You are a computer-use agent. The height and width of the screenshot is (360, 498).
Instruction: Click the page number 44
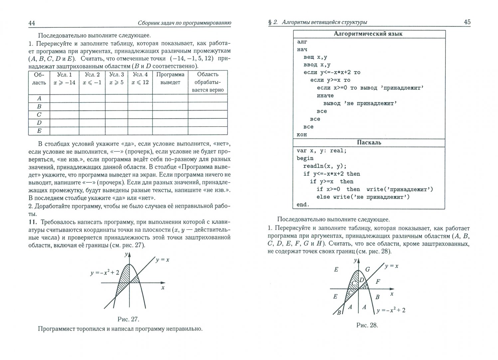(32, 23)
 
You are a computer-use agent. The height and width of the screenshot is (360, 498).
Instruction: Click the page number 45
(467, 22)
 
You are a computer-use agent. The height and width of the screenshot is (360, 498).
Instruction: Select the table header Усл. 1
(64, 75)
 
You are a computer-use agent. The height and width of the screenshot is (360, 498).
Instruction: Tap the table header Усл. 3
(116, 75)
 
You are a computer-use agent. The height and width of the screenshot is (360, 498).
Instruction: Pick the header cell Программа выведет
(170, 78)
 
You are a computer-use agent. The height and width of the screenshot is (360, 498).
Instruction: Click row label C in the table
(39, 115)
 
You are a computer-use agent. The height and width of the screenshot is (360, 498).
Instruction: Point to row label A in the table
(39, 98)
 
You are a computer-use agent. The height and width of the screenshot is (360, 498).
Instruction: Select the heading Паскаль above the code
(369, 142)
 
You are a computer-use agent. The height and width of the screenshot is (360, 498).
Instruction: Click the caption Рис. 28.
(367, 325)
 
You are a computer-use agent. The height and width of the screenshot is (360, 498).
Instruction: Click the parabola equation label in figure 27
(104, 272)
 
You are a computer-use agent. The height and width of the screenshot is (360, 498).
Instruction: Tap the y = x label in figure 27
(162, 260)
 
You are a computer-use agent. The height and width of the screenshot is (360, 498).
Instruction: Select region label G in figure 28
(367, 269)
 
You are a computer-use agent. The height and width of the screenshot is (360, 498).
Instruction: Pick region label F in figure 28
(377, 281)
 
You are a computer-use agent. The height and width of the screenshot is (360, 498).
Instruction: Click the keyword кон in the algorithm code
(302, 135)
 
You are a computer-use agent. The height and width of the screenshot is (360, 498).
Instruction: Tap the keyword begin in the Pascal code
(305, 158)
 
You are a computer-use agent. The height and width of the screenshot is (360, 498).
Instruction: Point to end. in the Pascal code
(303, 205)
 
